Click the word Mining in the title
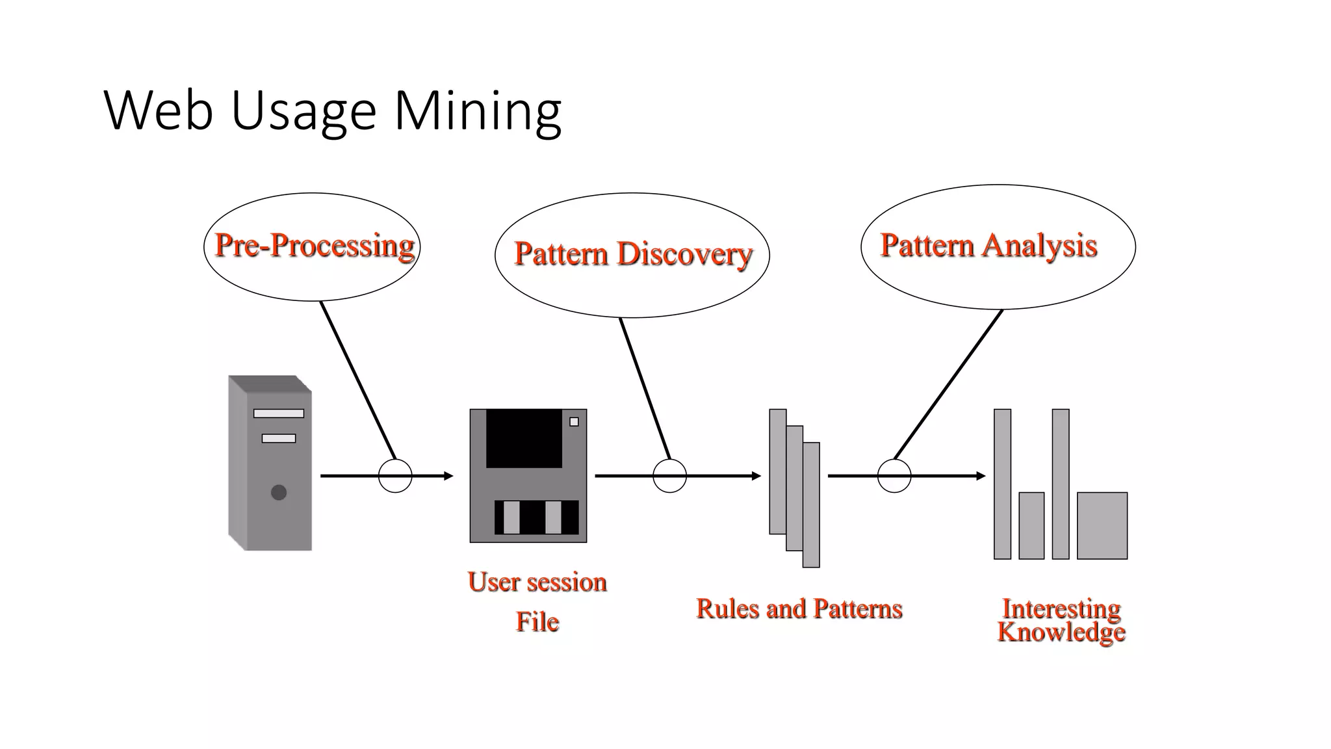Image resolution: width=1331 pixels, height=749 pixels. (x=478, y=111)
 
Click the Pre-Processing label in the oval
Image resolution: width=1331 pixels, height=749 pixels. (x=315, y=246)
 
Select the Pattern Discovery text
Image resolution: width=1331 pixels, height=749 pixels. (x=632, y=254)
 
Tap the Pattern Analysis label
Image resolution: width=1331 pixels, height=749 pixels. (x=989, y=246)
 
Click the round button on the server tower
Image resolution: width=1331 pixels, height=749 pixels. (x=279, y=492)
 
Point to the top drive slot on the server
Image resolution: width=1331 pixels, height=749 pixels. (x=278, y=414)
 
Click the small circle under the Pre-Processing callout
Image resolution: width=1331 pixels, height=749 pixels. (x=395, y=476)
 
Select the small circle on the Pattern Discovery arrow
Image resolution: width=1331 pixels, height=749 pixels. (x=669, y=476)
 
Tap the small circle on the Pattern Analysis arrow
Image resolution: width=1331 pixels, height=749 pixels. (x=894, y=476)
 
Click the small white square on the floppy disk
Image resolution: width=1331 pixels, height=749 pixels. (x=574, y=422)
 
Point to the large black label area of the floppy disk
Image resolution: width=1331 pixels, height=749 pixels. (x=524, y=438)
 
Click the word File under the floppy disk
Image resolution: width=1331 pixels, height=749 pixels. (x=537, y=622)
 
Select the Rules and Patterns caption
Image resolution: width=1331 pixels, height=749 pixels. (x=799, y=609)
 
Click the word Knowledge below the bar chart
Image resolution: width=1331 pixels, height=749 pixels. (x=1061, y=633)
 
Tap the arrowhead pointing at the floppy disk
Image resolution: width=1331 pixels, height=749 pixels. (x=448, y=476)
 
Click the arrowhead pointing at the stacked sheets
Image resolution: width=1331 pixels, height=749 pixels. (x=756, y=476)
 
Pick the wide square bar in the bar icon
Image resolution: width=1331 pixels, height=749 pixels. (x=1102, y=525)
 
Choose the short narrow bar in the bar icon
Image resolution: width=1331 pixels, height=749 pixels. (x=1031, y=525)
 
